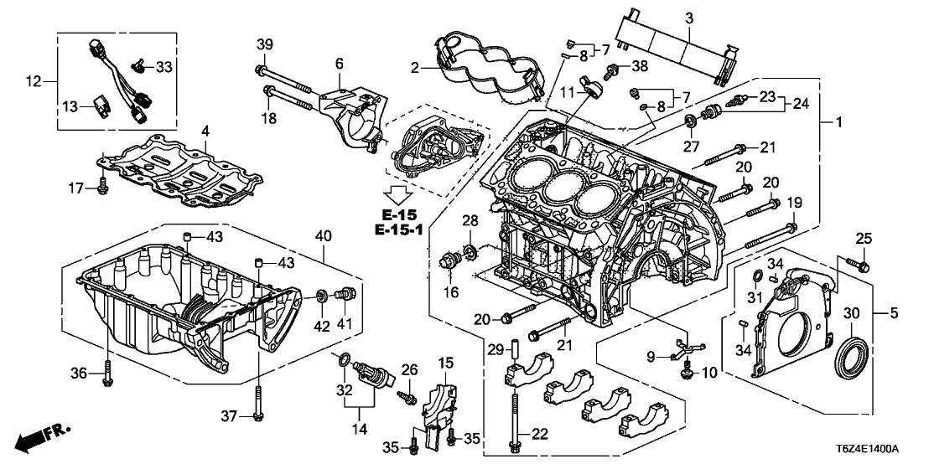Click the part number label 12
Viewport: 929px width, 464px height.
tap(34, 81)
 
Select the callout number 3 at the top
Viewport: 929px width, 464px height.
tap(688, 18)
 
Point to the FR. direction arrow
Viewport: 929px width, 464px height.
tap(42, 437)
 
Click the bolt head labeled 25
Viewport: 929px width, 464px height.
tap(864, 266)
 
